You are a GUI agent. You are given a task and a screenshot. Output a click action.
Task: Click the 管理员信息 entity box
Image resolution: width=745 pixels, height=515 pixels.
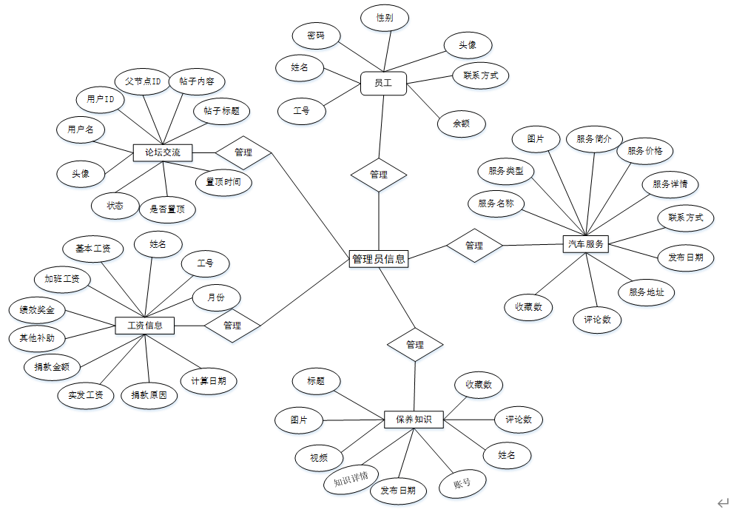click(378, 259)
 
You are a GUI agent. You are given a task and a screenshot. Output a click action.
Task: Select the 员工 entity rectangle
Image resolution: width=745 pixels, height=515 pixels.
click(383, 84)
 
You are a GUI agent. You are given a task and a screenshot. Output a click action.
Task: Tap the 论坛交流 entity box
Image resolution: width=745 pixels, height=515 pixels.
click(162, 153)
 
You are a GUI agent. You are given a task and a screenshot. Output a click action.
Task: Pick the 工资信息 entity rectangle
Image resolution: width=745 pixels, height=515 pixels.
click(144, 325)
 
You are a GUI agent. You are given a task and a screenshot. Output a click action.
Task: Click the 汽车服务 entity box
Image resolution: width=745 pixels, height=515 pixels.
click(585, 243)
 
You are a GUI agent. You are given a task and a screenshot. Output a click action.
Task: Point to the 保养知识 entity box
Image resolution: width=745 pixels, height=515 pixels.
click(414, 420)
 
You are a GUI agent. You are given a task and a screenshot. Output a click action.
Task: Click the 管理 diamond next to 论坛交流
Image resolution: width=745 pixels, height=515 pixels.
click(243, 152)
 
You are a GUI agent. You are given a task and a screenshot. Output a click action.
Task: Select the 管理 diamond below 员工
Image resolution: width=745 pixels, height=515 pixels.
click(378, 175)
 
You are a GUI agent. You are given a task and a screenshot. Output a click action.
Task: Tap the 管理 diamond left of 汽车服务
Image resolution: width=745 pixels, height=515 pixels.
click(474, 245)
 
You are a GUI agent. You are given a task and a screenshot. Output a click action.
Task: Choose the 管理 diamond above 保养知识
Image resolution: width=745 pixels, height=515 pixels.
click(415, 344)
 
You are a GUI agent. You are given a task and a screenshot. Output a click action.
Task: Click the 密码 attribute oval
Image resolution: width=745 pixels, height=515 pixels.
click(315, 36)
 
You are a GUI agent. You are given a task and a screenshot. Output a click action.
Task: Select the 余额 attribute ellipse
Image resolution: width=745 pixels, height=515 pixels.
click(461, 124)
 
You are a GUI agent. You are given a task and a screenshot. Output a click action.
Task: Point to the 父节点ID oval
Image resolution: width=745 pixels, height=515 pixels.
click(143, 81)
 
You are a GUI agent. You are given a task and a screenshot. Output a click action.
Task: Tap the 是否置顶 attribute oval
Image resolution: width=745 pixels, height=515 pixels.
click(167, 209)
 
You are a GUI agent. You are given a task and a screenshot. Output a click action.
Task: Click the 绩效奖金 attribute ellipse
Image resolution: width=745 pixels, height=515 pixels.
click(37, 310)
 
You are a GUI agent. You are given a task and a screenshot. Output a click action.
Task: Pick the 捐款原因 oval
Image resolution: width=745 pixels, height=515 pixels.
click(149, 395)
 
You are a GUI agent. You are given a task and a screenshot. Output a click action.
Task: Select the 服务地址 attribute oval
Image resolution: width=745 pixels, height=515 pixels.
click(646, 292)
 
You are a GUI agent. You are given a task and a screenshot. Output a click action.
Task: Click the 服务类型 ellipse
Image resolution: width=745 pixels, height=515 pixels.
click(505, 172)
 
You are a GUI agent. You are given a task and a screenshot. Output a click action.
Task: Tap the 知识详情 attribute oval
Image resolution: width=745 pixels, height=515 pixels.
click(351, 479)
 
